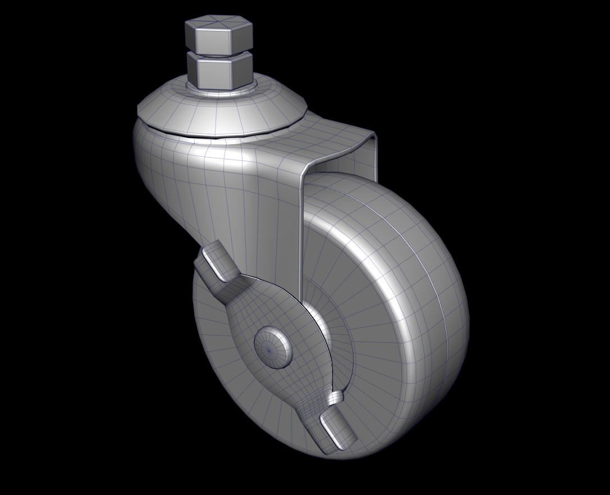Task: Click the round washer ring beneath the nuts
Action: click(x=222, y=91)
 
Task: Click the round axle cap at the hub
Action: click(x=273, y=348)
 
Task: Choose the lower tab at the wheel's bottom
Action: click(x=338, y=430)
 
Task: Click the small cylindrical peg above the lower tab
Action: click(x=336, y=398)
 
